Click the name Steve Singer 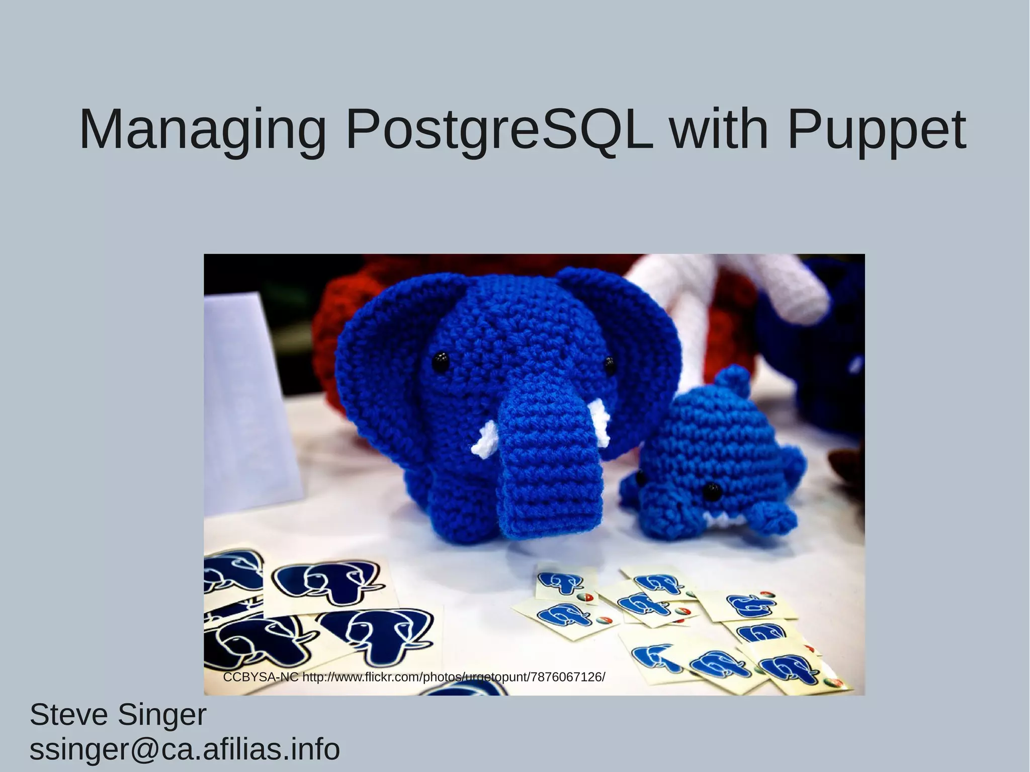coord(118,715)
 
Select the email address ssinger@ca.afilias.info coord(185,749)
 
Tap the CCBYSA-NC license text coord(261,677)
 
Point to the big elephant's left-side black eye coord(441,361)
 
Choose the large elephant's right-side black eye coord(610,363)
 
